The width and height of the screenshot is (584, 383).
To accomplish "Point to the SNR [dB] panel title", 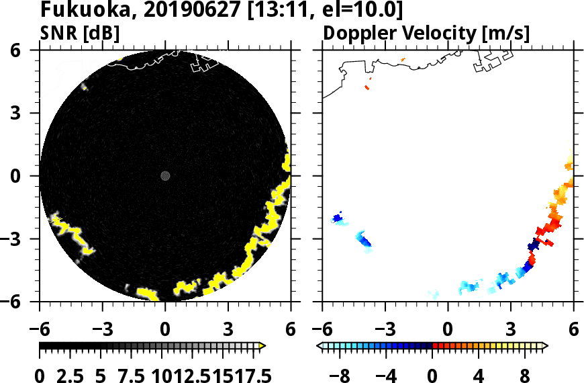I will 75,33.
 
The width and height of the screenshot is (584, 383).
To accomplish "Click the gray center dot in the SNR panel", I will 165,176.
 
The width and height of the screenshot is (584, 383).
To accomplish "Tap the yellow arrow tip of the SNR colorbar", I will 262,346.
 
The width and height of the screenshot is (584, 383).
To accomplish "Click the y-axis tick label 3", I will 29,114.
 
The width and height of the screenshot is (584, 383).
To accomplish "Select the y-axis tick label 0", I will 29,176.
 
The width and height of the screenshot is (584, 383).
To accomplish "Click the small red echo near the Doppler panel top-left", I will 367,87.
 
